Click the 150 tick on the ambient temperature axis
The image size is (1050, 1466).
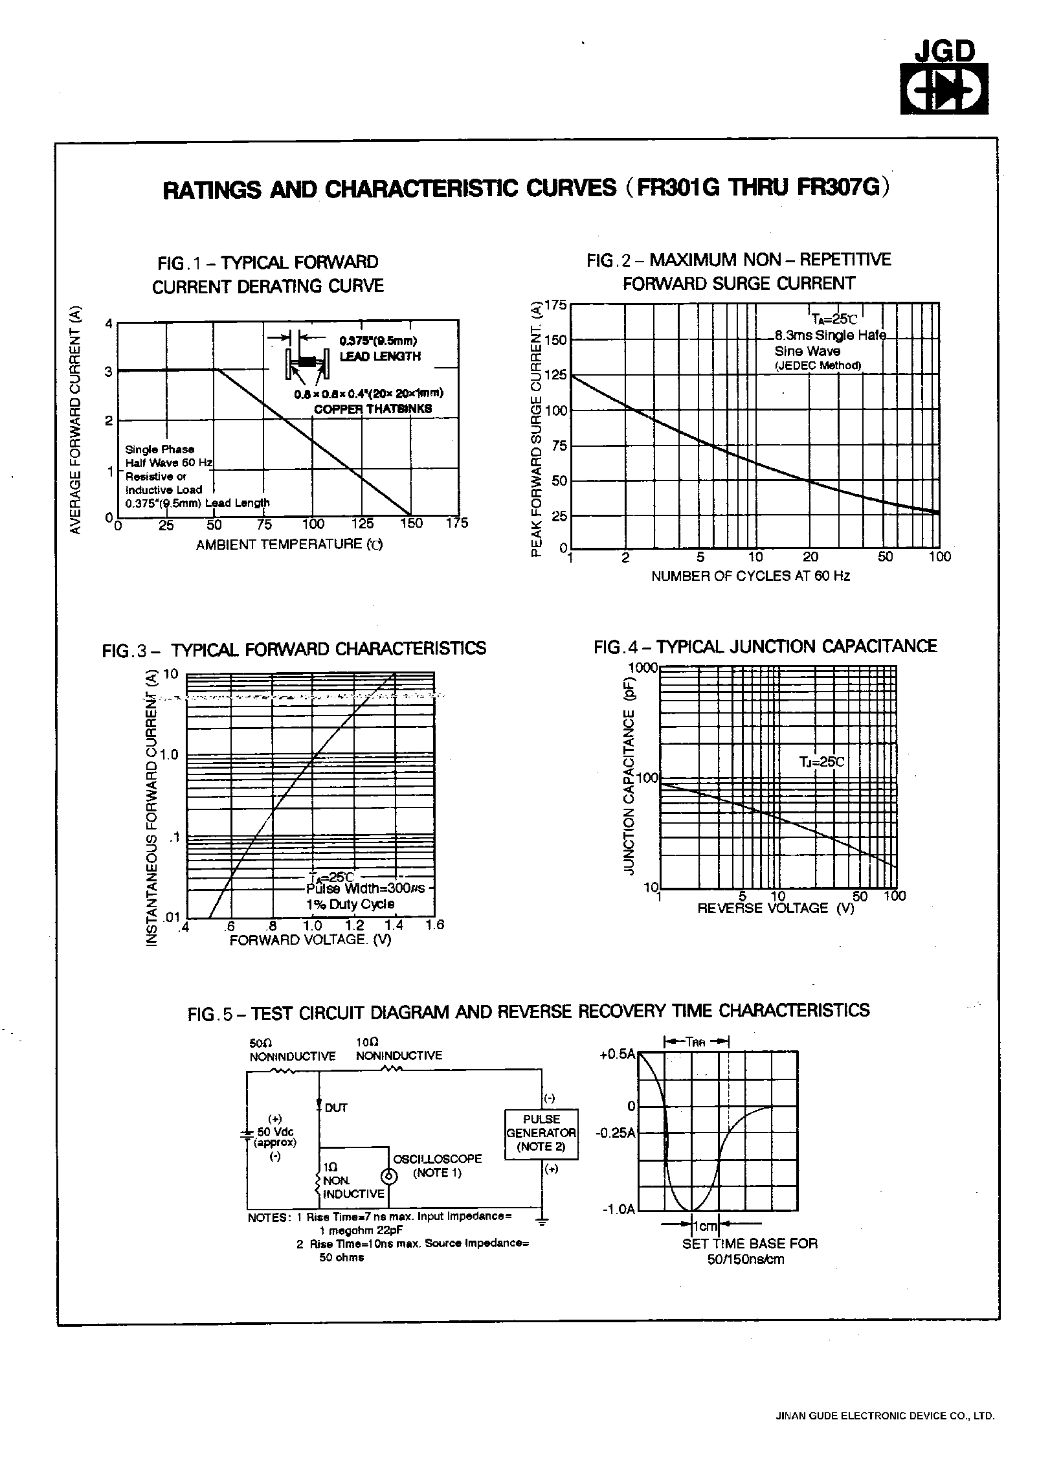[x=411, y=523]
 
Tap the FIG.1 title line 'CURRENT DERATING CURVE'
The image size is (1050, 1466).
[x=267, y=286]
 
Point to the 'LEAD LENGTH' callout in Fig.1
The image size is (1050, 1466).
[x=380, y=356]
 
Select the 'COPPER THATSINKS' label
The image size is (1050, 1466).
[x=372, y=409]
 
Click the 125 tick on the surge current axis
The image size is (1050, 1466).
[x=555, y=375]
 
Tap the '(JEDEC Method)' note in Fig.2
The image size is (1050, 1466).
[x=818, y=365]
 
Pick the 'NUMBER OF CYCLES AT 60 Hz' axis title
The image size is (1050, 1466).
[x=750, y=576]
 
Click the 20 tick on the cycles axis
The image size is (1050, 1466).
[x=810, y=557]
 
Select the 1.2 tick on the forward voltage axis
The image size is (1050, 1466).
[x=355, y=925]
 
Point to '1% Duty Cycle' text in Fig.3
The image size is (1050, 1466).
[x=350, y=904]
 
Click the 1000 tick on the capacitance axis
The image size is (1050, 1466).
[x=643, y=668]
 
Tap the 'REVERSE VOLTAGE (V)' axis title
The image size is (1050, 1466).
[x=776, y=908]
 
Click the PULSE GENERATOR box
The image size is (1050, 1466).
[x=541, y=1133]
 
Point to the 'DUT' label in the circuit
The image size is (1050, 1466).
[x=336, y=1108]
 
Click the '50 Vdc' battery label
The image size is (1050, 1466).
[x=275, y=1131]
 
